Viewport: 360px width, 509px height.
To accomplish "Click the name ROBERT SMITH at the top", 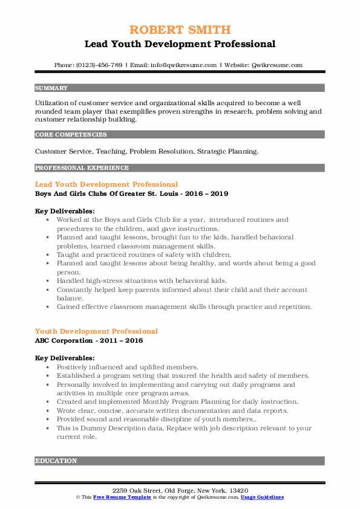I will [180, 30].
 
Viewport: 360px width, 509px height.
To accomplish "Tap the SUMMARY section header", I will [51, 88].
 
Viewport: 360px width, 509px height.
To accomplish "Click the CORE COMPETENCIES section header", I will [71, 135].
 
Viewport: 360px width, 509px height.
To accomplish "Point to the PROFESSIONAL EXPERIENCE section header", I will [82, 168].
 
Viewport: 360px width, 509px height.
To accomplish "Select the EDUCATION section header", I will [56, 461].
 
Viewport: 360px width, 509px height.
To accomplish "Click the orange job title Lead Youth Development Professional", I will [106, 184].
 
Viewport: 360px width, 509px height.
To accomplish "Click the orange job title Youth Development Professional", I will [97, 331].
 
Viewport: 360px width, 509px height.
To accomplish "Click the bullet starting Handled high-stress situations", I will [142, 280].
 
